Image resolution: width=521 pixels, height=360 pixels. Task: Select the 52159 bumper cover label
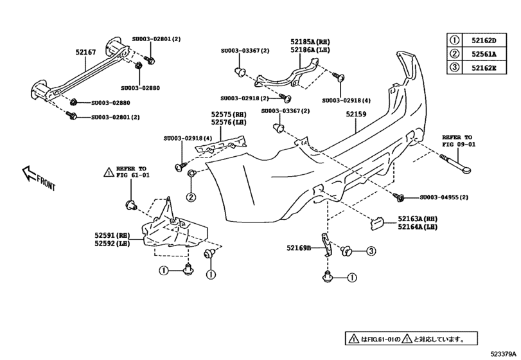coord(356,115)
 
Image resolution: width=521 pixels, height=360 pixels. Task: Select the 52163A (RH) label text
coord(418,218)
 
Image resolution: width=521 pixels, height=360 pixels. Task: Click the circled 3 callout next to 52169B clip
coord(371,251)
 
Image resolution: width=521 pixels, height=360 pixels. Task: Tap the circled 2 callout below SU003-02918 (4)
coord(191,197)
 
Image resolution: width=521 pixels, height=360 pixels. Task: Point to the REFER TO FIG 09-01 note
coord(457,141)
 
